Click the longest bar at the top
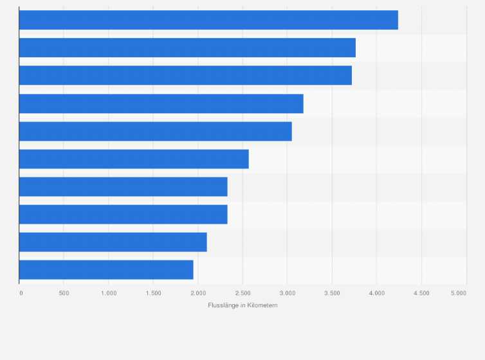(x=208, y=20)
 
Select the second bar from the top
(x=187, y=48)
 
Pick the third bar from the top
(x=185, y=75)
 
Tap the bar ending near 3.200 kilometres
(x=161, y=104)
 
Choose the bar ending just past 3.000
(x=155, y=131)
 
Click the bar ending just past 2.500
(x=134, y=159)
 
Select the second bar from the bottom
(x=113, y=242)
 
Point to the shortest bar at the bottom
(x=106, y=270)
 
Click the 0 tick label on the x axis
(x=21, y=293)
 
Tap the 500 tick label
(x=64, y=293)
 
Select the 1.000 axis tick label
(x=108, y=293)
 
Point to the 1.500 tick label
(x=153, y=293)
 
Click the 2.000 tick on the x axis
(x=197, y=293)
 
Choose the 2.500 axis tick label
(x=243, y=293)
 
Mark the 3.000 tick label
(x=287, y=293)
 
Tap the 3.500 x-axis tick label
(x=332, y=293)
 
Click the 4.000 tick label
(x=376, y=293)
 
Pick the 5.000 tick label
(x=458, y=293)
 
